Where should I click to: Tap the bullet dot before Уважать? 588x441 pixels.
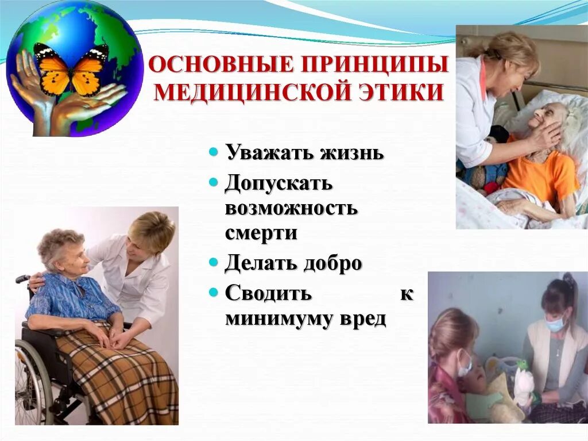click(213, 153)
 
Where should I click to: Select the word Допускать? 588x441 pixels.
click(279, 184)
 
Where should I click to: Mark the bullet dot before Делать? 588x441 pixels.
click(213, 263)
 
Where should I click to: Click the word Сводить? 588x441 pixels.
click(268, 293)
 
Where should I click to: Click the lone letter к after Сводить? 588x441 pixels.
click(406, 293)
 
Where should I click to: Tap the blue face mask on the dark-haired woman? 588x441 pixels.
click(554, 324)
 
